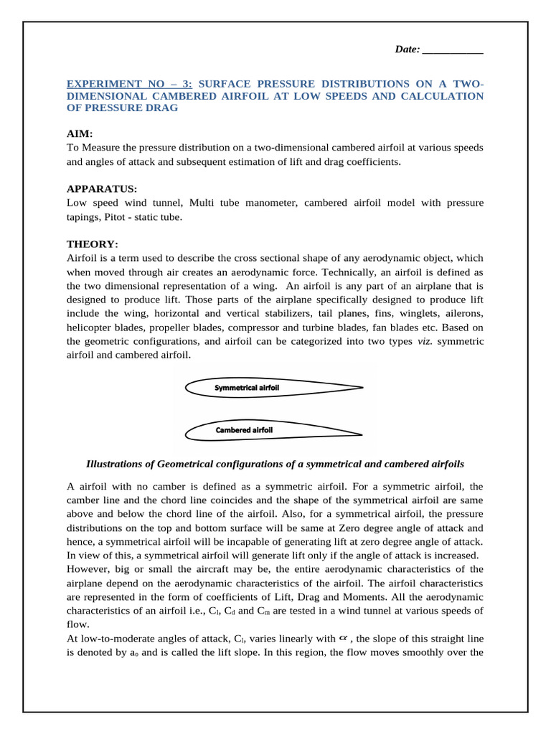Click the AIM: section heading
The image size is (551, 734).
(80, 134)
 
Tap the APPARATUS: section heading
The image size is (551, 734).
(101, 189)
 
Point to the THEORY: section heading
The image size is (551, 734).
(93, 244)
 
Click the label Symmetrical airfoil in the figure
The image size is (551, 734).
(247, 388)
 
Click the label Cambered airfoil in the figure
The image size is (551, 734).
(244, 430)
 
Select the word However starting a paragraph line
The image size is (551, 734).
(88, 569)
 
